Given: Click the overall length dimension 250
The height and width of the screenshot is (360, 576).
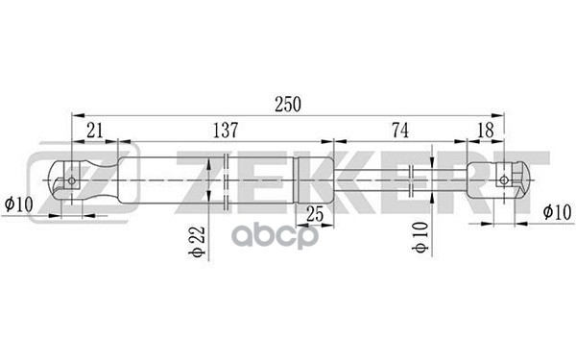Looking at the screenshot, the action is (x=288, y=105).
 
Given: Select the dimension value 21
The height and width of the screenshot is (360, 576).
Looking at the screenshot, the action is (x=95, y=130).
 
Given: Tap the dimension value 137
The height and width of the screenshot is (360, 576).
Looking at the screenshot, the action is (x=226, y=130).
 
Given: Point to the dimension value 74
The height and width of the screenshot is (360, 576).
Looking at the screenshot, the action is (x=399, y=130).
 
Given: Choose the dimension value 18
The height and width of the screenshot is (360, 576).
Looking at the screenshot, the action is (x=485, y=130).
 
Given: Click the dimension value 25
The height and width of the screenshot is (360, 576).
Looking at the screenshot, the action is (x=315, y=214).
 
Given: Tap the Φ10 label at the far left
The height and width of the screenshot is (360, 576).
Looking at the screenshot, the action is (x=19, y=204).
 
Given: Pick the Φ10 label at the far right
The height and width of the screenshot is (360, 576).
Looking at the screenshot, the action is (x=557, y=212).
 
